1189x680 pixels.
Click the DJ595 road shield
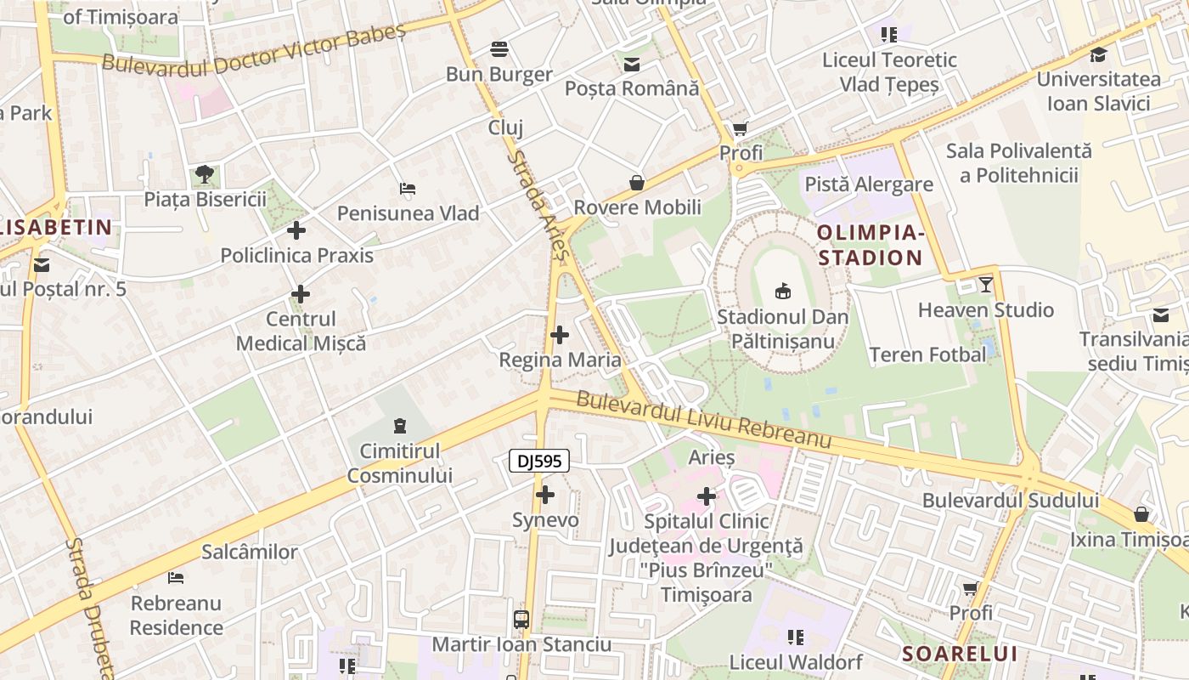pyautogui.click(x=538, y=461)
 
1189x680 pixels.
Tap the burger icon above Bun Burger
pyautogui.click(x=499, y=49)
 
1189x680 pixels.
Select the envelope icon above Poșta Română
pyautogui.click(x=632, y=65)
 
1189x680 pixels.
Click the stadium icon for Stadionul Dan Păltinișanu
pyautogui.click(x=783, y=292)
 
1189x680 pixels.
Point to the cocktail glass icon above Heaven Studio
pyautogui.click(x=986, y=284)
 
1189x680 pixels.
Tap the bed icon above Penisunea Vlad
pyautogui.click(x=408, y=188)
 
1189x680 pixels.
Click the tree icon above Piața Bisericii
pyautogui.click(x=204, y=174)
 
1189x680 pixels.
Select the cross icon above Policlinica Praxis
pyautogui.click(x=296, y=230)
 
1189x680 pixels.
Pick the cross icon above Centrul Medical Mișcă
pyautogui.click(x=301, y=295)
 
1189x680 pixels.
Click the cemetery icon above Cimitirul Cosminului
pyautogui.click(x=400, y=425)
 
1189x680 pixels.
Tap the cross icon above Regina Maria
pyautogui.click(x=560, y=335)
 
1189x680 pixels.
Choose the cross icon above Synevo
pyautogui.click(x=545, y=495)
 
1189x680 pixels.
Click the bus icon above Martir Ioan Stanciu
pyautogui.click(x=521, y=620)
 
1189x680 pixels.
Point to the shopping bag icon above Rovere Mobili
pyautogui.click(x=637, y=183)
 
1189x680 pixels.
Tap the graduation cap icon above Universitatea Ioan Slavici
pyautogui.click(x=1098, y=55)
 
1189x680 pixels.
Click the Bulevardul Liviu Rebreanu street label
pyautogui.click(x=703, y=420)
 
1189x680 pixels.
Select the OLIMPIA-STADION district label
pyautogui.click(x=869, y=245)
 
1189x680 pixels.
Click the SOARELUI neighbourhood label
pyautogui.click(x=960, y=654)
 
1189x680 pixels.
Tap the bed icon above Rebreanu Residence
pyautogui.click(x=176, y=578)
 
